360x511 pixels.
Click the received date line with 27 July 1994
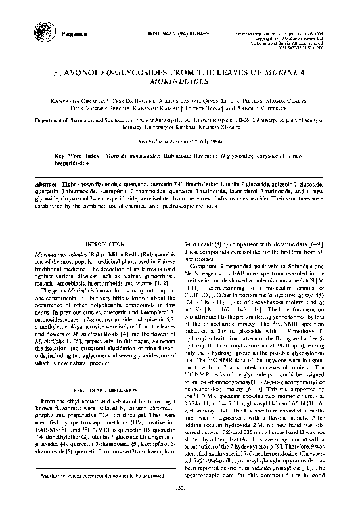[x=179, y=141]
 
